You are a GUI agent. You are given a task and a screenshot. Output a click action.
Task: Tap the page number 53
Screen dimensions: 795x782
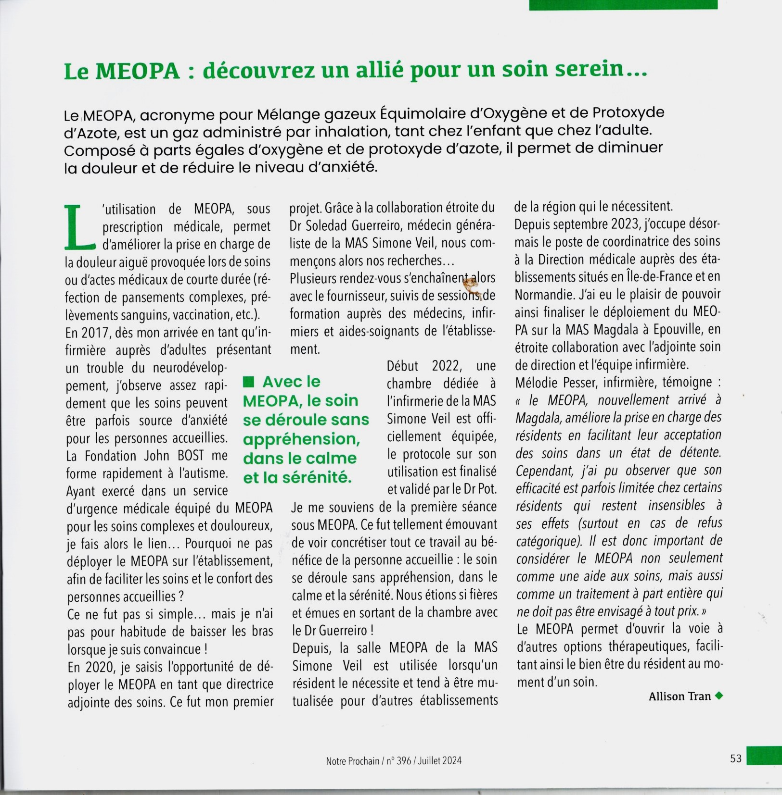coord(736,759)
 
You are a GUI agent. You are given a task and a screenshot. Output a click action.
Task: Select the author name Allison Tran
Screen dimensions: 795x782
coord(679,696)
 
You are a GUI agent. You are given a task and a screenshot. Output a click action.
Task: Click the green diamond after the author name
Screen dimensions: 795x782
coord(719,696)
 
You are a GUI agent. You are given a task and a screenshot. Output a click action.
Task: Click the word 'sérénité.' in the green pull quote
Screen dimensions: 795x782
coord(324,478)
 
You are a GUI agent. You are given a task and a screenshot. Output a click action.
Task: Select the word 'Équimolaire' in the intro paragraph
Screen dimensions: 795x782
coord(419,114)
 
